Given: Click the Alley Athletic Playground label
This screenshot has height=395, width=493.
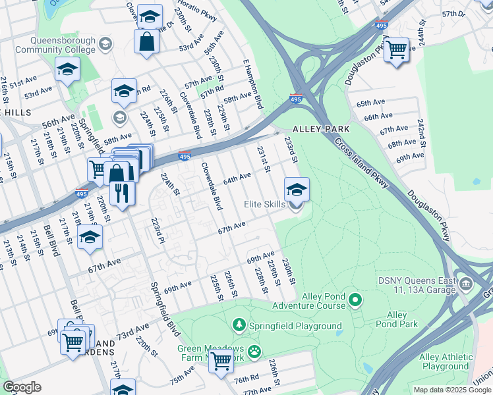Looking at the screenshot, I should (445, 362).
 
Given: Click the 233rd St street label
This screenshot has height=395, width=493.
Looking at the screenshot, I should (291, 150).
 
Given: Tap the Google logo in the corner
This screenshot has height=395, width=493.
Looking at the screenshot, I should (22, 387).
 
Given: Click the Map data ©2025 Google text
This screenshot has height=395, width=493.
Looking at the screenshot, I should (452, 390).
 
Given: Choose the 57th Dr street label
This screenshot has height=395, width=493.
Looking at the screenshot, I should (454, 13).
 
